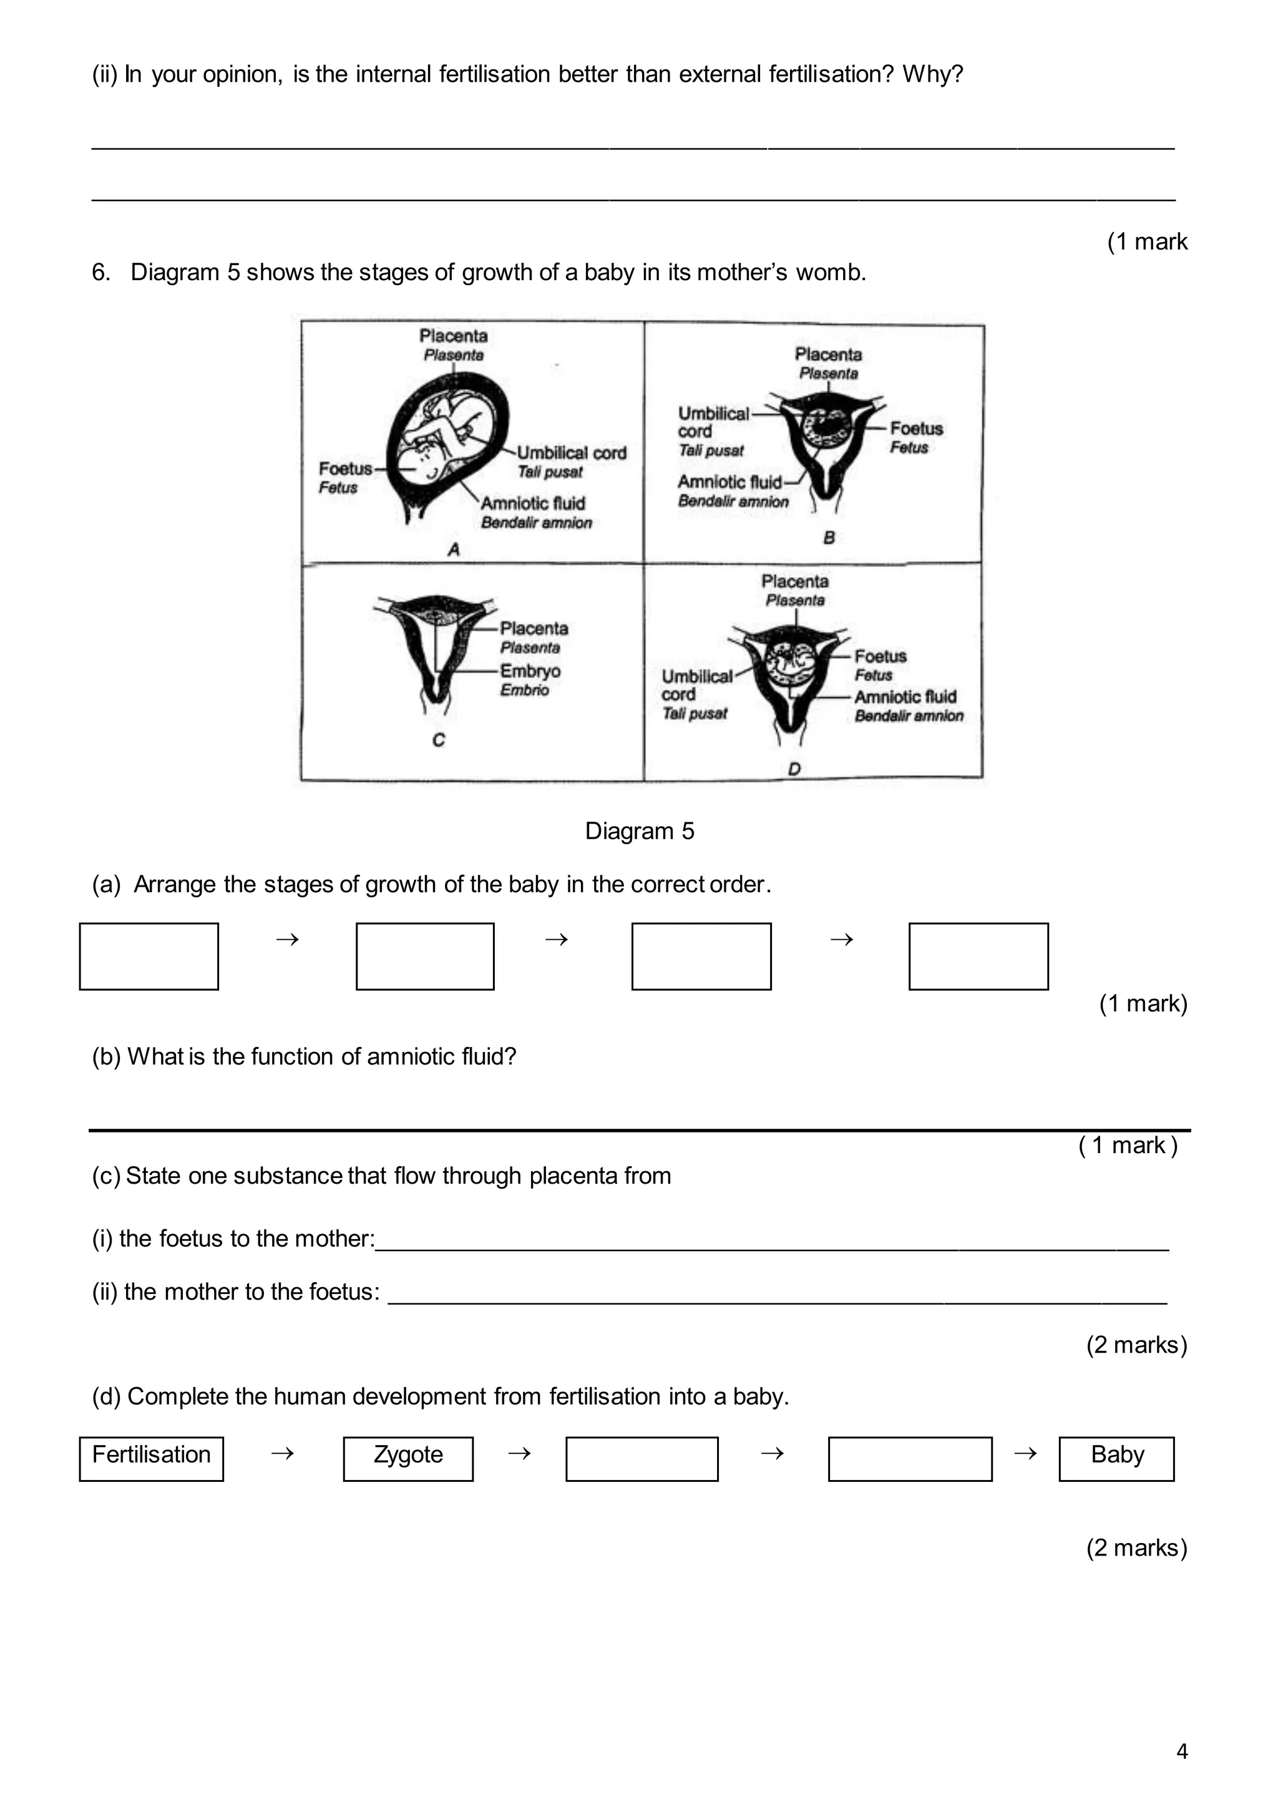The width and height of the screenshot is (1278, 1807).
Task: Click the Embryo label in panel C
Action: click(530, 671)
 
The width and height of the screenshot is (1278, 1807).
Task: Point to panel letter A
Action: click(453, 549)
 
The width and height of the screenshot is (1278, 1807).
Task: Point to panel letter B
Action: click(829, 537)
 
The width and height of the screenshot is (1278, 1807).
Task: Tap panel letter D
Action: click(794, 768)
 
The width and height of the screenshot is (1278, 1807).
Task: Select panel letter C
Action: click(438, 740)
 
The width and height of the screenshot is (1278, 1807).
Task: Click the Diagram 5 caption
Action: click(639, 831)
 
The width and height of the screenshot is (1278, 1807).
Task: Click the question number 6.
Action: click(100, 272)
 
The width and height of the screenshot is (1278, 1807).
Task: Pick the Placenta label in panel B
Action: click(828, 355)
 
